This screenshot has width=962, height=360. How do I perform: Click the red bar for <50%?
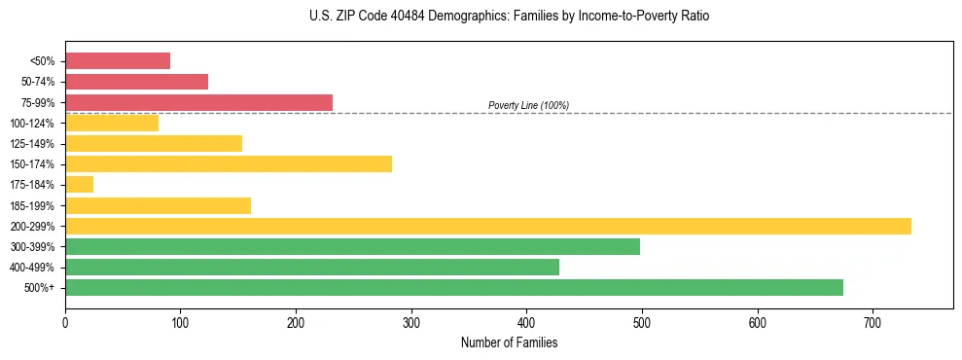[x=118, y=61]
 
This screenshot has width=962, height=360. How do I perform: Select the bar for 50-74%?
[x=136, y=82]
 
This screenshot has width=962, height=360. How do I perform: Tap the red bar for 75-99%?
[x=198, y=102]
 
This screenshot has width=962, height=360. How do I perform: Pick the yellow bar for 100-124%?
[x=112, y=124]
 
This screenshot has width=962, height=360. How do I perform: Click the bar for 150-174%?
[x=229, y=164]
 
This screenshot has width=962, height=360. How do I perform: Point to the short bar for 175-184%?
[x=79, y=185]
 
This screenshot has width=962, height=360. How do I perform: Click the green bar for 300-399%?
[x=352, y=246]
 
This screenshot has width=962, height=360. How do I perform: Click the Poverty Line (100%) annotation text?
[x=528, y=105]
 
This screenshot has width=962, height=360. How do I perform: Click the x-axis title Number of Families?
[x=509, y=342]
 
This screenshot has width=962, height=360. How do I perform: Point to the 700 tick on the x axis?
[x=873, y=322]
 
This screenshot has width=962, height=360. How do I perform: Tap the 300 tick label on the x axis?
[x=411, y=322]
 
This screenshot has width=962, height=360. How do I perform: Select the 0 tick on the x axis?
[x=65, y=322]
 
